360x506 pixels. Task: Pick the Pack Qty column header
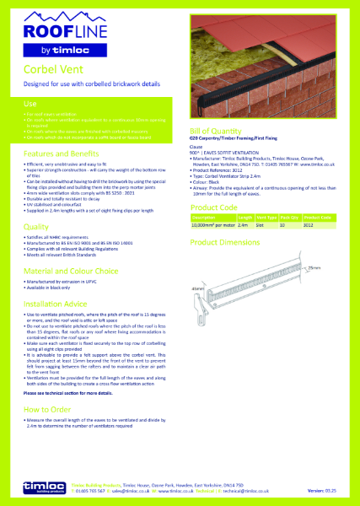(290, 218)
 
